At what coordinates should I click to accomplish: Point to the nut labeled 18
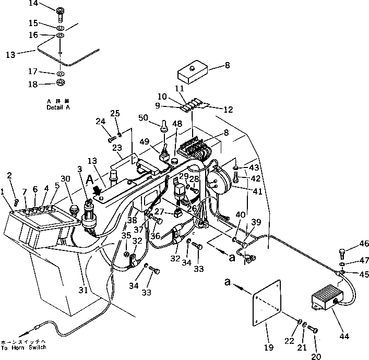click(61, 83)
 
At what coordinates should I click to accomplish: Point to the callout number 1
click(4, 192)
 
